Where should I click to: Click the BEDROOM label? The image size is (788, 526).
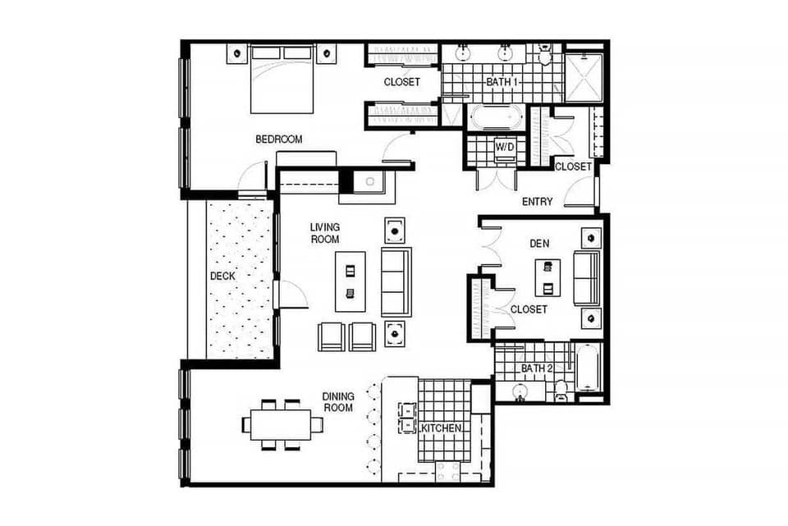point(278,140)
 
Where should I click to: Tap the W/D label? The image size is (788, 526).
point(504,147)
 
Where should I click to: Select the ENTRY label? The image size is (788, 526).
point(538,202)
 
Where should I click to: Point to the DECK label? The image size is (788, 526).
point(222,277)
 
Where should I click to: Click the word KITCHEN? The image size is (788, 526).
point(442,429)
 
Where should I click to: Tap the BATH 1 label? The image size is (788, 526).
point(502,82)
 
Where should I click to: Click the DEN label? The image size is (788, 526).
point(540,244)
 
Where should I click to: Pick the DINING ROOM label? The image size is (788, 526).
point(337,402)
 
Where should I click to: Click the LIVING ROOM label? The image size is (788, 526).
point(325,233)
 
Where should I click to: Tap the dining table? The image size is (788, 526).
point(282,424)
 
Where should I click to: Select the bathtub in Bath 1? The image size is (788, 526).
point(495,117)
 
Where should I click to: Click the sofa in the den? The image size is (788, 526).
point(586,278)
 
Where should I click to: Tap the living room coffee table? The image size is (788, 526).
point(349,281)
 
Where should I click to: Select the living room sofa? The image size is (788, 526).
point(396,281)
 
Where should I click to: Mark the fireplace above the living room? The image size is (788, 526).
point(369,182)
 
